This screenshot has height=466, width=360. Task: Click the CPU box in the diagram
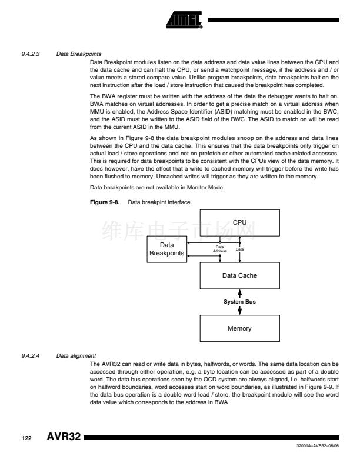coord(239,222)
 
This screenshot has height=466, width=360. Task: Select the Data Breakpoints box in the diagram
coord(166,249)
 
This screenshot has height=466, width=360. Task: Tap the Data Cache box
coord(239,275)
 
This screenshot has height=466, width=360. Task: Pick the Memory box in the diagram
coord(239,328)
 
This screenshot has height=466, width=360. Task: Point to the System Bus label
coord(239,301)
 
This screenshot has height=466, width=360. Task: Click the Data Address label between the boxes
coord(219,249)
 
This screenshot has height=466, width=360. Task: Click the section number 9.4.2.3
coord(29,54)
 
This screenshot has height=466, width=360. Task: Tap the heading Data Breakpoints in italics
coord(71,54)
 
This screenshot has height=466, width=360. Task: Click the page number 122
coord(27,439)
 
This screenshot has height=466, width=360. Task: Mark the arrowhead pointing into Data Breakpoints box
coord(188,255)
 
